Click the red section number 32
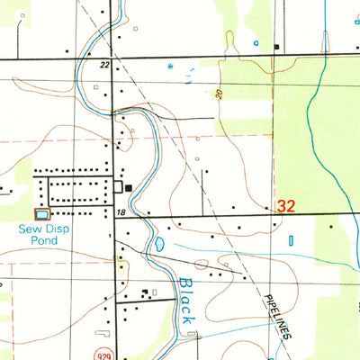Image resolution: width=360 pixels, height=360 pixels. (286, 206)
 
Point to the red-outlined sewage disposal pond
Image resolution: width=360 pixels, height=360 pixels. (42, 213)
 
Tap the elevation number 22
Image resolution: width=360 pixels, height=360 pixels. (104, 65)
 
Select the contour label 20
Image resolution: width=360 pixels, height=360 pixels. (219, 94)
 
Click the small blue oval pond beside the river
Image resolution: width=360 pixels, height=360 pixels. (158, 243)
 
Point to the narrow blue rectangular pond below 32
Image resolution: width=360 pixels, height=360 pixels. (291, 240)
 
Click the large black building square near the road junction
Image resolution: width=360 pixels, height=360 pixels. (129, 188)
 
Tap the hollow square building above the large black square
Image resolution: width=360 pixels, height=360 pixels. (119, 186)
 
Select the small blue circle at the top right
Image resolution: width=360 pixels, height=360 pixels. (256, 42)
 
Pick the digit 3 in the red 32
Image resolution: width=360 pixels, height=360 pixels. (282, 206)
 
